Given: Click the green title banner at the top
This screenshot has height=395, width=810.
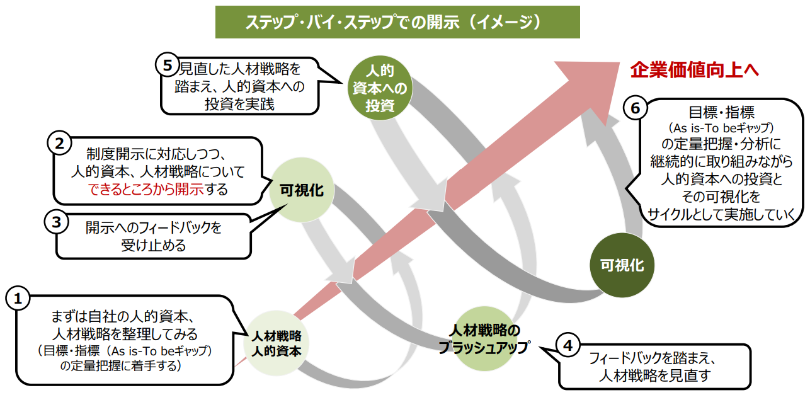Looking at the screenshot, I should point(397,23).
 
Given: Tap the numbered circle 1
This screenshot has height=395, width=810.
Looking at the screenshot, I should point(18,299).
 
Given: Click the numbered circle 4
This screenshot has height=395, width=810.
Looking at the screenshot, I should point(568,345).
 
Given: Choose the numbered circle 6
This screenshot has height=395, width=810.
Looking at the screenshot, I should point(635,108).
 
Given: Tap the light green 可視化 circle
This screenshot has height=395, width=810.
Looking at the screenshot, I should point(302,190).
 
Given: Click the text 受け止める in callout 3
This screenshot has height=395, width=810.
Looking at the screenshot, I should point(154,245).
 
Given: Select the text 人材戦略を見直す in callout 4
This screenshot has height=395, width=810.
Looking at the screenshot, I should point(655,376).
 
